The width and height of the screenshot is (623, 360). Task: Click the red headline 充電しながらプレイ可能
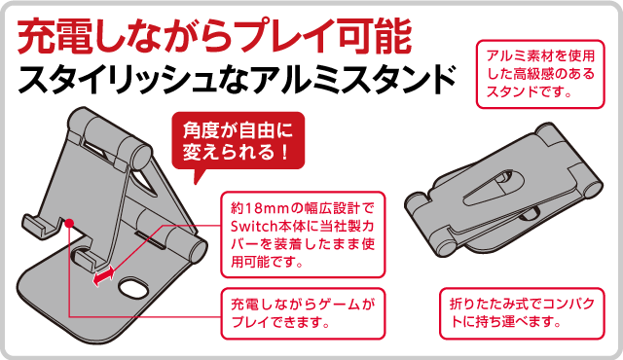coord(214,37)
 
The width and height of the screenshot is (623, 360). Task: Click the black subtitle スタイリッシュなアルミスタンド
coord(237,80)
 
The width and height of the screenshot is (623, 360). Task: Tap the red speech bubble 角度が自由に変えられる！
coord(238,141)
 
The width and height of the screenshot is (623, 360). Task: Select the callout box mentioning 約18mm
coord(303,234)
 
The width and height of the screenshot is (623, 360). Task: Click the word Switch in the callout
coord(253,226)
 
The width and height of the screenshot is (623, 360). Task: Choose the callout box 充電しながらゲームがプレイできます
coord(303,313)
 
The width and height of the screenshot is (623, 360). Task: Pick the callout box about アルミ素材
coord(540,74)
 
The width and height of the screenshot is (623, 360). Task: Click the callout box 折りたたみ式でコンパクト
coord(522,313)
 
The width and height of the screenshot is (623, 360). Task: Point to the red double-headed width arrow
coord(104,276)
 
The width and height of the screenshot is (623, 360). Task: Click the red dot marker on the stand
coord(69,223)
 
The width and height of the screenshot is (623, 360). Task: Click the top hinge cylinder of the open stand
coord(118,138)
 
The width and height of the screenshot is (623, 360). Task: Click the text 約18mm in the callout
coord(261,208)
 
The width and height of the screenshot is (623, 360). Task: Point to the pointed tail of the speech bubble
coord(196,183)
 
